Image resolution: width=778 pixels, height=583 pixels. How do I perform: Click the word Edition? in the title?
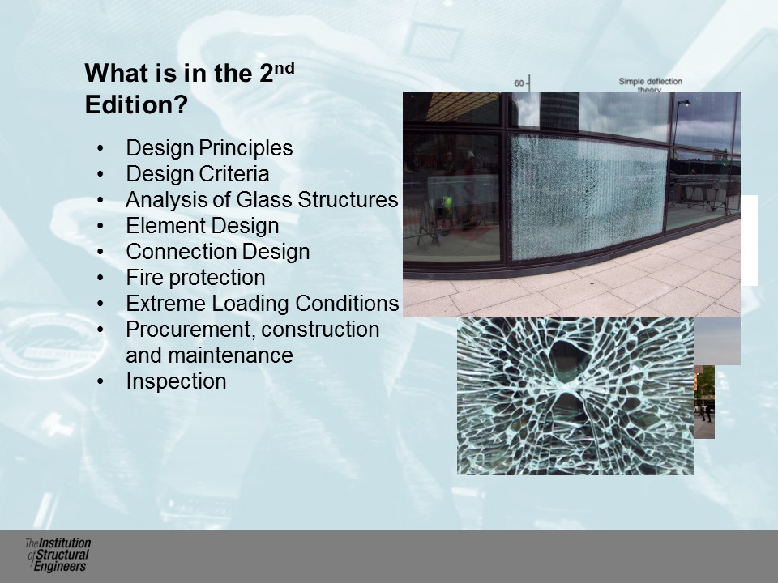coord(136,104)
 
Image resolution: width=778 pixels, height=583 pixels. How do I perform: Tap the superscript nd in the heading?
coord(284,68)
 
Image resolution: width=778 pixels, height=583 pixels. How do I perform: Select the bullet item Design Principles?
coord(209,147)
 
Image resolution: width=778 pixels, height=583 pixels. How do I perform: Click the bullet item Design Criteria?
coord(197,173)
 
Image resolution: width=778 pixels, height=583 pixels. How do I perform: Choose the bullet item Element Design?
coord(202,226)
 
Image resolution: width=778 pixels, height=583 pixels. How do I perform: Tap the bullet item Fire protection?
coord(195,277)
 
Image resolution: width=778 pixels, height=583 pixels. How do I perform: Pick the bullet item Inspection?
coord(176,381)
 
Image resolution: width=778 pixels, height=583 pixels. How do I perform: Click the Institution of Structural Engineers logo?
coord(58,555)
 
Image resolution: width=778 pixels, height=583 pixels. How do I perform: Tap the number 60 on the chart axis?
coord(519,83)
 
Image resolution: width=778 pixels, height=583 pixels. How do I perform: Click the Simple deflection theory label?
coord(650,85)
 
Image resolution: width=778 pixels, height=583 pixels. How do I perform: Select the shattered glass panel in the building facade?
coord(588,197)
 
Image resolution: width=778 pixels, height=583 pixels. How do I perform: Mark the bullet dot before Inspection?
coord(100,381)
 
